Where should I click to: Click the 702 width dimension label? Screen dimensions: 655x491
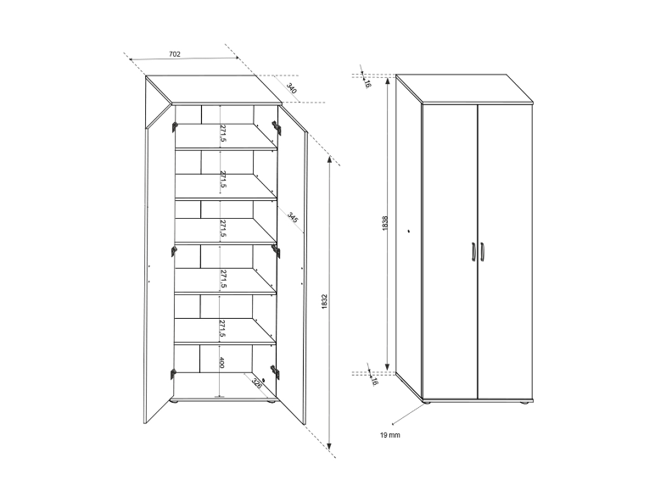point(175,54)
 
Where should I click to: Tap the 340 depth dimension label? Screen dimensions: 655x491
point(292,88)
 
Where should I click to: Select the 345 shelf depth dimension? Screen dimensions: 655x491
point(293,217)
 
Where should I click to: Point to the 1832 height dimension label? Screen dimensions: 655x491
point(325,302)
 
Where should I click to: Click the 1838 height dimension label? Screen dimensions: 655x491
point(385,223)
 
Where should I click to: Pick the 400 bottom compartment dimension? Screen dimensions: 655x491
point(221,363)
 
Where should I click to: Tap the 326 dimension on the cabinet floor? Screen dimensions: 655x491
point(257,382)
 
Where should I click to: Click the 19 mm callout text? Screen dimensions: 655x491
point(389,435)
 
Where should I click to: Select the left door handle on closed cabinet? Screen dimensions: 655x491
point(473,252)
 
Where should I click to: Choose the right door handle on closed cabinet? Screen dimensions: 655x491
point(482,252)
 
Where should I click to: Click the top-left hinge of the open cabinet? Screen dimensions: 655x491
point(174,126)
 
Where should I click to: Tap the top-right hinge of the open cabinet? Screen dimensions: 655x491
point(276,127)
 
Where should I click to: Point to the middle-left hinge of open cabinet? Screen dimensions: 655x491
point(174,251)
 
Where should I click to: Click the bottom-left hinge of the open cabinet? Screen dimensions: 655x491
point(173,374)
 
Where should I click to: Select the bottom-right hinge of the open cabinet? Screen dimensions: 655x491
point(276,372)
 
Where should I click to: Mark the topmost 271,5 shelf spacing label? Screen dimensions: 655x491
point(223,133)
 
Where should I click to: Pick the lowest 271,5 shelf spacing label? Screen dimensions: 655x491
point(222,328)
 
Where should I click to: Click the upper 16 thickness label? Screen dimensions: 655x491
point(367,83)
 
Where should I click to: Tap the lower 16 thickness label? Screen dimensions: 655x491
point(374,381)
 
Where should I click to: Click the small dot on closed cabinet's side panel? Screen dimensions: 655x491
point(409,231)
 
